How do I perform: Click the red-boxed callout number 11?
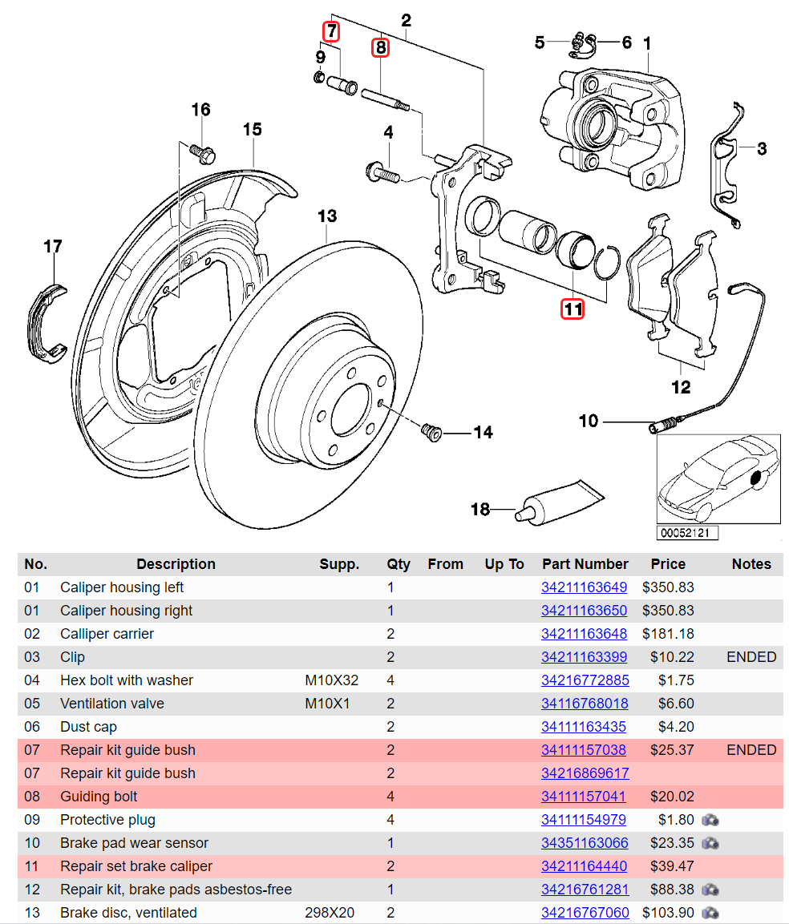572,309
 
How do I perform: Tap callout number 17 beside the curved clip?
53,247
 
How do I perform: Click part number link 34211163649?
584,587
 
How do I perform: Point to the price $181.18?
668,634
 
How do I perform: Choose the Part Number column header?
585,564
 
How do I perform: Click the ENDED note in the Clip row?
751,657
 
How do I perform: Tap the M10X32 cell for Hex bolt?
331,680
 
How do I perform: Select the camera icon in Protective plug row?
710,820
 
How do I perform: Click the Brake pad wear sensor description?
134,843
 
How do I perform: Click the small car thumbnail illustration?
718,479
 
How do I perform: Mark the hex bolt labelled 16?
200,150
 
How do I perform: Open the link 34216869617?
585,773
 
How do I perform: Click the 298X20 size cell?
330,913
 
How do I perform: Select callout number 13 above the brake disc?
326,216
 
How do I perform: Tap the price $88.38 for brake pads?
668,890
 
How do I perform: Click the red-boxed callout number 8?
380,48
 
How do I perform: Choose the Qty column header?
398,564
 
